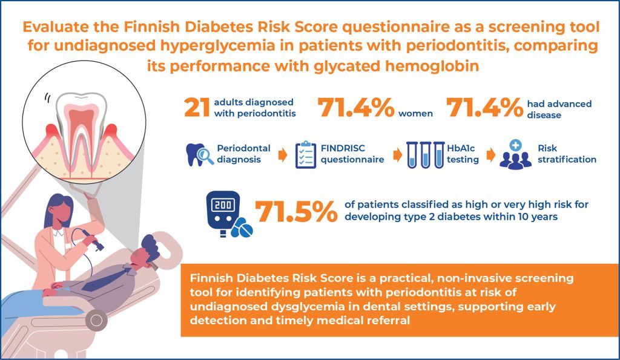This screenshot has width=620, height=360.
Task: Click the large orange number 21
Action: [197, 108]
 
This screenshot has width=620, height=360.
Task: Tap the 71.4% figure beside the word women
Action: [356, 108]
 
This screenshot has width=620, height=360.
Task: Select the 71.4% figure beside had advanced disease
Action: [485, 108]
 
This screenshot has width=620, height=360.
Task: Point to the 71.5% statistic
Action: [296, 212]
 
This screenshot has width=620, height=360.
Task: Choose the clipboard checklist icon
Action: [306, 155]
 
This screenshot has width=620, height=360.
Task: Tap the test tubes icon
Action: [426, 155]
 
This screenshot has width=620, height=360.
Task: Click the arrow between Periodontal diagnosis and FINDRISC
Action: [283, 155]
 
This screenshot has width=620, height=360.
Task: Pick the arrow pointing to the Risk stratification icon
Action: [490, 155]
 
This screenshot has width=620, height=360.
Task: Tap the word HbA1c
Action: [461, 148]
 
